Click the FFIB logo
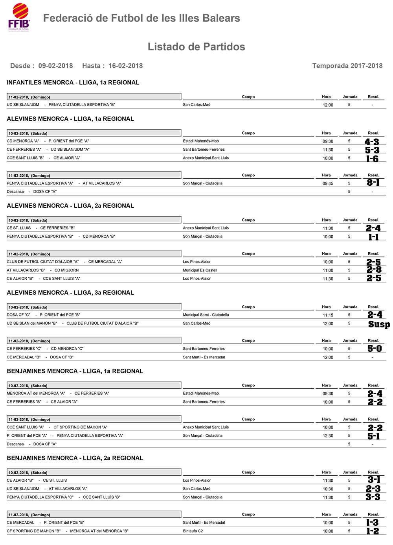click(x=19, y=17)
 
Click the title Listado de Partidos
click(x=196, y=47)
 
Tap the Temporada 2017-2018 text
click(x=347, y=66)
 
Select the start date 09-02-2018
click(x=55, y=66)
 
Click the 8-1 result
click(x=373, y=183)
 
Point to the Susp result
click(x=379, y=324)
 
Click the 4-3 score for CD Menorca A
click(x=372, y=142)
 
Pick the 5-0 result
click(x=374, y=349)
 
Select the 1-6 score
click(x=372, y=159)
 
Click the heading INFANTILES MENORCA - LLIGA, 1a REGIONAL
click(x=73, y=83)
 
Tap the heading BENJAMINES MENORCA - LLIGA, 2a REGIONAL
click(x=75, y=458)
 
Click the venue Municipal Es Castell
click(x=200, y=270)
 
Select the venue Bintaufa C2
click(x=193, y=531)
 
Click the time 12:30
click(x=328, y=436)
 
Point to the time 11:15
click(x=328, y=315)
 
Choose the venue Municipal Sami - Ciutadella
click(x=206, y=315)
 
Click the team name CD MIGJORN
click(x=66, y=270)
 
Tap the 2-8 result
click(x=374, y=270)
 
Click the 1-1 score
click(x=373, y=237)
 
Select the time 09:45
click(x=328, y=183)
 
